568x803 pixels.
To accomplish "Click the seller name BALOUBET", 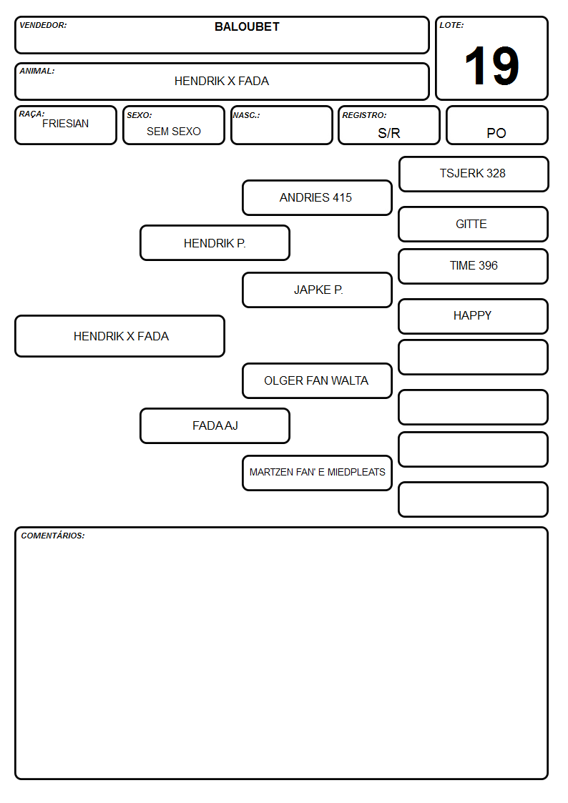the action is click(x=247, y=26).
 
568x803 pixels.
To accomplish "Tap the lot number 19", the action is click(x=491, y=66).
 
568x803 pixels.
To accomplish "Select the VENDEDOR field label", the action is click(x=43, y=25).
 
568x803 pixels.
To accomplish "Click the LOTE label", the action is click(x=451, y=25).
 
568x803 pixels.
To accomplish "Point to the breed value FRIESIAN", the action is click(x=66, y=124).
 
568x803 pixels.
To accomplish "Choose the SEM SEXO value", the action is click(x=174, y=132).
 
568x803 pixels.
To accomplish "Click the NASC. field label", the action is click(x=246, y=115).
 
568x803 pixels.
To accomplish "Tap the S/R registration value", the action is click(x=388, y=133).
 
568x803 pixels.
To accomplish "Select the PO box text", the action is click(x=496, y=133).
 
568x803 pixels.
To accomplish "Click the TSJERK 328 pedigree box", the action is click(x=474, y=174).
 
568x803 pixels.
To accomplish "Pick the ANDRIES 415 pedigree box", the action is click(x=317, y=197).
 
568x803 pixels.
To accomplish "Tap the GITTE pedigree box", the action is click(x=474, y=225).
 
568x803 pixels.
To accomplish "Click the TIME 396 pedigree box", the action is click(x=474, y=266).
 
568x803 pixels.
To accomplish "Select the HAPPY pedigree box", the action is click(x=474, y=317).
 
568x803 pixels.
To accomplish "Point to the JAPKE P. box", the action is click(x=317, y=290).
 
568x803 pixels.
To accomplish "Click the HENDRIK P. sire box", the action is click(x=215, y=242).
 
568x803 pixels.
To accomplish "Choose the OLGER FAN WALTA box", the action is click(x=317, y=381).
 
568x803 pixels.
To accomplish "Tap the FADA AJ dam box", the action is click(x=215, y=425).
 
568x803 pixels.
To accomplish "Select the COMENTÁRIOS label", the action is click(x=53, y=536).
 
